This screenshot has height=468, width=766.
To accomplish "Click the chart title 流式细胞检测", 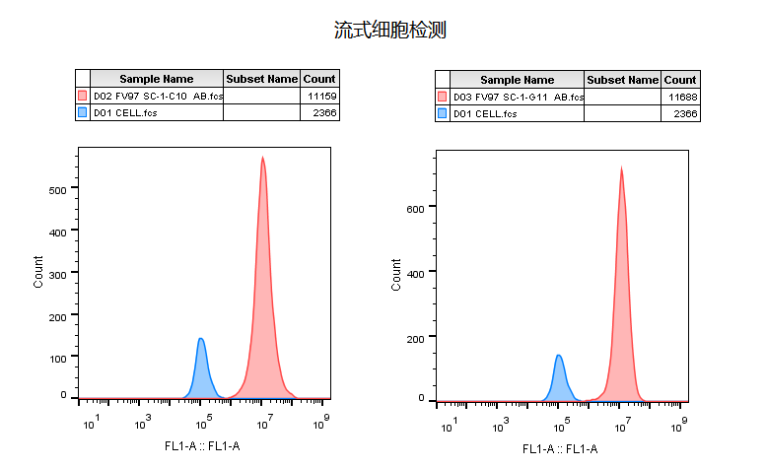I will [x=390, y=31].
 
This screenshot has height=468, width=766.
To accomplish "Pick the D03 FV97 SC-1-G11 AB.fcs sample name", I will [x=518, y=98].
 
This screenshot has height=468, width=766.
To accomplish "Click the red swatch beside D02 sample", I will [x=83, y=97].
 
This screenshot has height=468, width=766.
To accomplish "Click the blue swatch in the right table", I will [x=443, y=114].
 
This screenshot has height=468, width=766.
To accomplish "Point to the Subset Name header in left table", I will [x=261, y=79].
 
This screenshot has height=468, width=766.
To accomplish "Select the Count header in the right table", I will [x=680, y=80].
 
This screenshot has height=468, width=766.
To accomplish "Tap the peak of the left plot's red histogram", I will [x=262, y=158].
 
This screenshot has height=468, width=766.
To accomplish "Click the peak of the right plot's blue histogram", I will [x=559, y=356].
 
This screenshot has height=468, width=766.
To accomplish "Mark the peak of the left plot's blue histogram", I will [x=201, y=339].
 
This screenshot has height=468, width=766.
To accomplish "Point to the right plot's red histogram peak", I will [x=621, y=167].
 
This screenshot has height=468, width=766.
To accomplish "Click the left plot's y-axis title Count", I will [x=38, y=271].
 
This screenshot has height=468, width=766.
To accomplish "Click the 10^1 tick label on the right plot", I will [x=449, y=425].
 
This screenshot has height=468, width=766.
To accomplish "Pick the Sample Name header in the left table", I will [x=157, y=79].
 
